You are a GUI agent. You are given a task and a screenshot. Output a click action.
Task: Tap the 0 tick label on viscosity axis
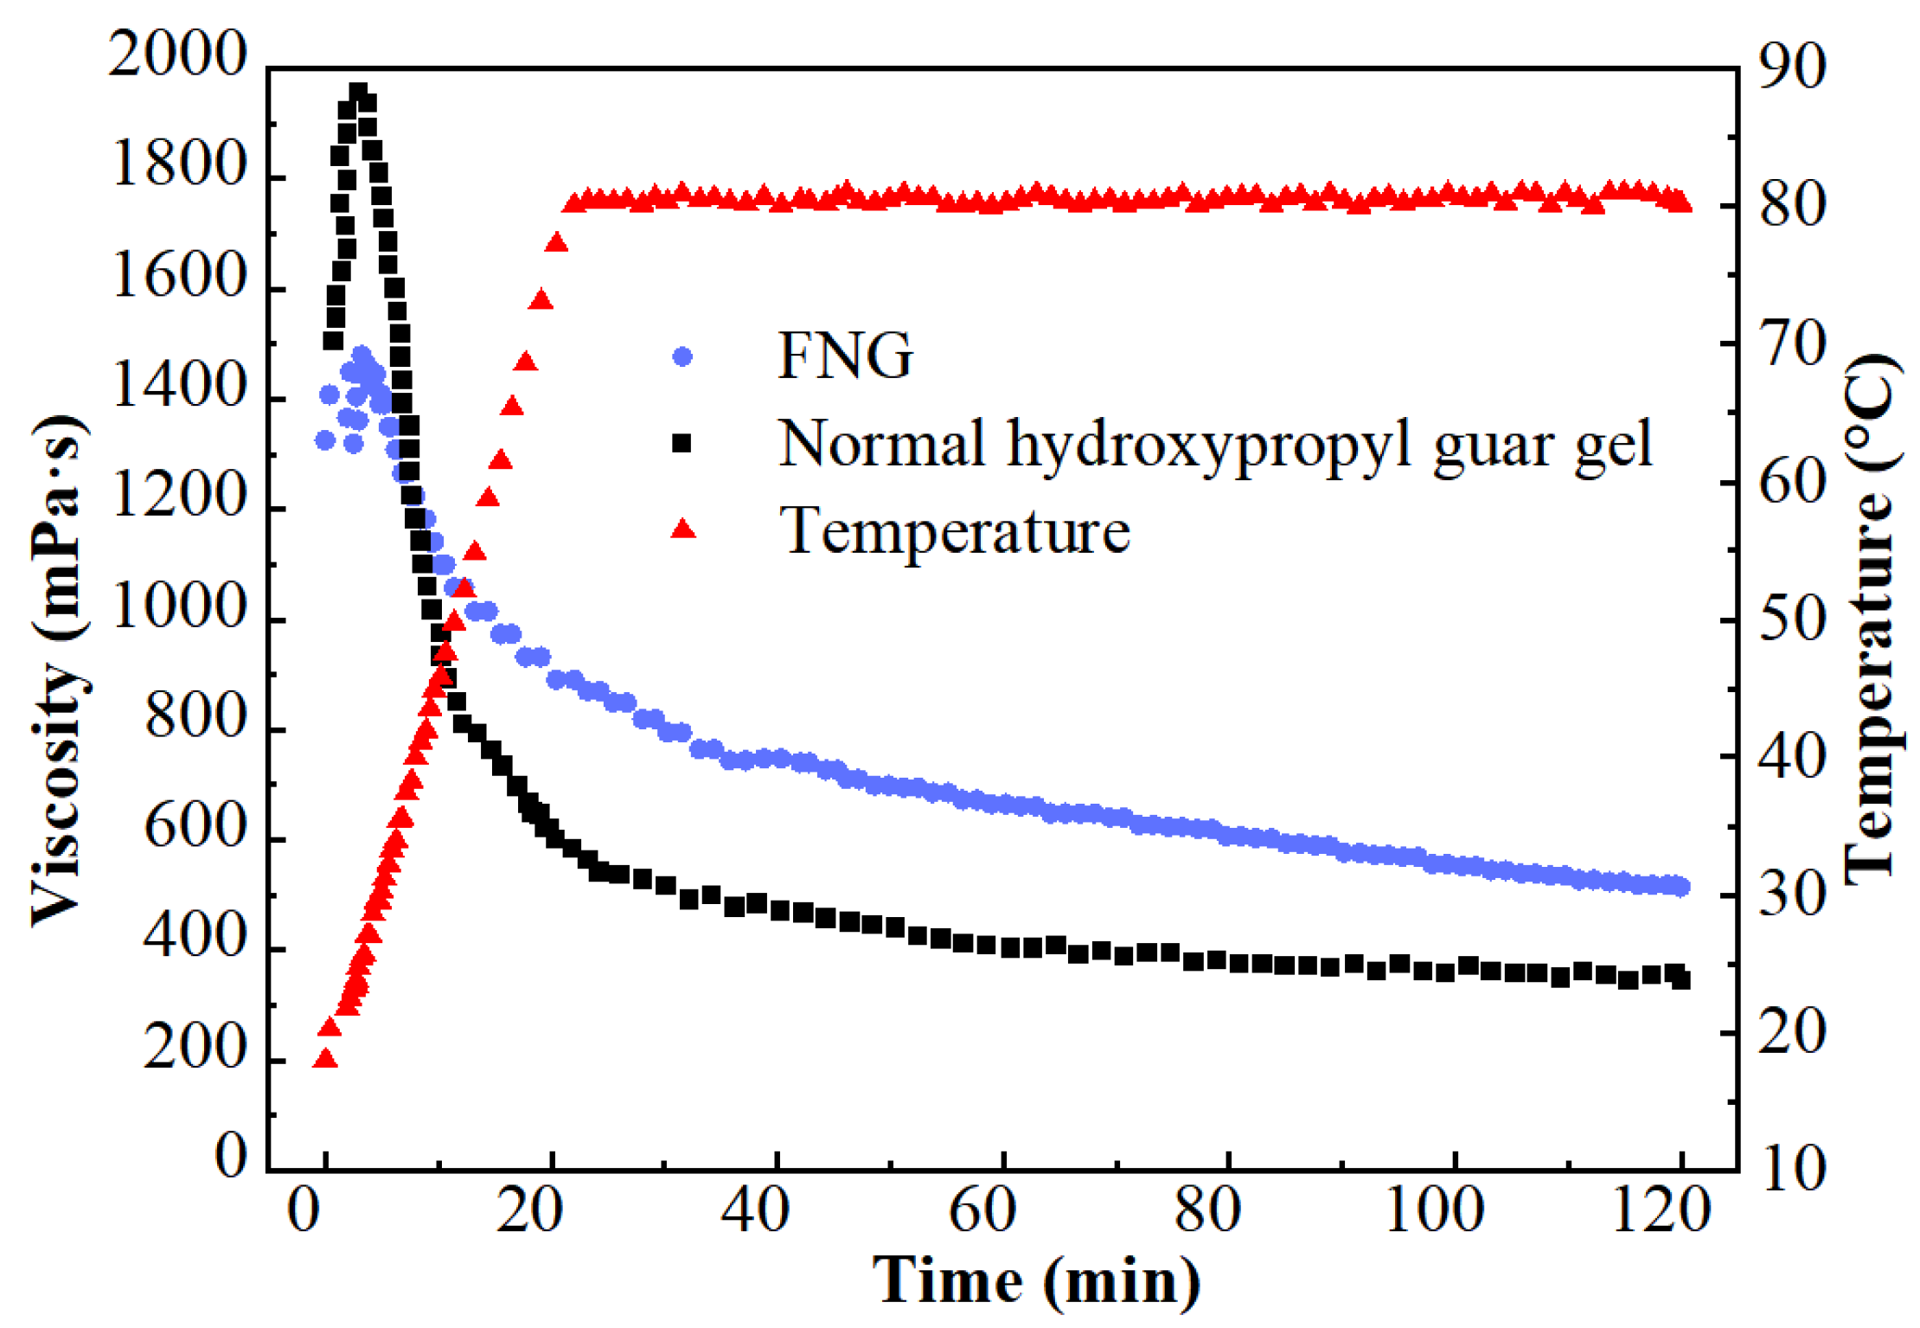click(230, 1156)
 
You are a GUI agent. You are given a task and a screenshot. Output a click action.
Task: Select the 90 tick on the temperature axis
click(1793, 67)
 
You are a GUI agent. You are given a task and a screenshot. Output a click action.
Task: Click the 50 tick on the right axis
click(1793, 619)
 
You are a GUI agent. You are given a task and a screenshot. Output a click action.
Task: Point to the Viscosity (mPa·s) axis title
click(59, 670)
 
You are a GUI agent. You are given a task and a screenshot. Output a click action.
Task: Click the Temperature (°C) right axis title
click(1872, 619)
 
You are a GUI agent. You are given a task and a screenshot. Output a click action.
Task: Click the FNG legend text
click(845, 356)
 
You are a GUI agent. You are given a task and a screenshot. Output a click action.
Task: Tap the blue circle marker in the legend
click(682, 356)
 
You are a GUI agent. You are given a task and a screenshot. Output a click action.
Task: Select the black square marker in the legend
click(682, 444)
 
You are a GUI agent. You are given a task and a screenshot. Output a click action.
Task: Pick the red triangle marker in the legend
click(683, 529)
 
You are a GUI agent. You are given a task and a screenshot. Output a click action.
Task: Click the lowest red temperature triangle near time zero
click(325, 1058)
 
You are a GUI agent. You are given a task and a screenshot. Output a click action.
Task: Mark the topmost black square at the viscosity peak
click(358, 92)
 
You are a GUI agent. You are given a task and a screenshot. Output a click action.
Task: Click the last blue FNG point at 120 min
click(1680, 887)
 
